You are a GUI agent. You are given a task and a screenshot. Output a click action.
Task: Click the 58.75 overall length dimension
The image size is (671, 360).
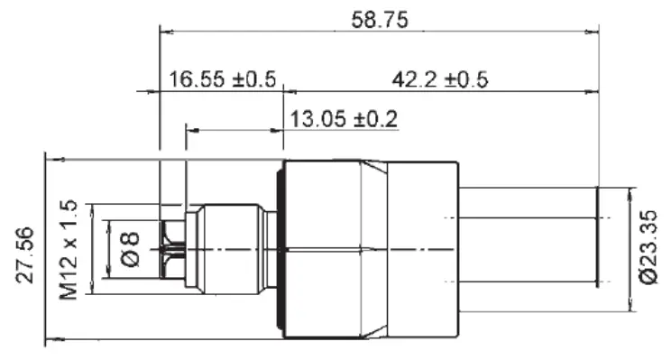[380, 20]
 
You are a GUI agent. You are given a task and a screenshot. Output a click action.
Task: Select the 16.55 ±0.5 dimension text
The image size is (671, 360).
[223, 79]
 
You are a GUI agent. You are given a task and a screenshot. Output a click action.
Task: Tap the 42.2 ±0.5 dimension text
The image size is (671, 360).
[439, 79]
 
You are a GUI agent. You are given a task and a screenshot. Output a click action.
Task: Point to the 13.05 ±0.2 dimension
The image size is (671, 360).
[344, 118]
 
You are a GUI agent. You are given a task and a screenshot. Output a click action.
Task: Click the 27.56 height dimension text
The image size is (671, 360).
[24, 255]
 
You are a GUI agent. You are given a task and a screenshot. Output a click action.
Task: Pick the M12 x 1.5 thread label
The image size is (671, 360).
[69, 250]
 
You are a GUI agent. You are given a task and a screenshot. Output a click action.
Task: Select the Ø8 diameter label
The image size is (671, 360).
[130, 249]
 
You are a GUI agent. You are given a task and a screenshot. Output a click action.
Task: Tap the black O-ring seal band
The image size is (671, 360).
[280, 250]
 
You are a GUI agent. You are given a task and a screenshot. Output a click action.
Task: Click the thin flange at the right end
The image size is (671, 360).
[597, 237]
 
